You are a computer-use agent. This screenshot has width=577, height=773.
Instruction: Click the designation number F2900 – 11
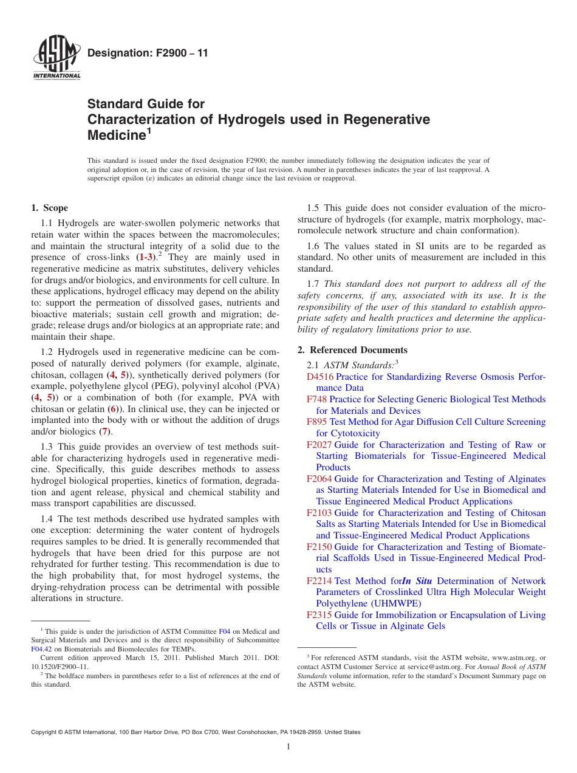click(x=148, y=53)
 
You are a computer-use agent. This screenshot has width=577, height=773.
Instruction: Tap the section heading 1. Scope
click(x=50, y=208)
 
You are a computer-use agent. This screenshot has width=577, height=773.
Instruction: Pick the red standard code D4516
click(x=320, y=377)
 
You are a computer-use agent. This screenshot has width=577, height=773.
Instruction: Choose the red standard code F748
click(x=317, y=399)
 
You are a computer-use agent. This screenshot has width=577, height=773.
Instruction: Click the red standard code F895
click(x=317, y=422)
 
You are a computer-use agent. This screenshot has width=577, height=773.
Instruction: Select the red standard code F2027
click(x=319, y=445)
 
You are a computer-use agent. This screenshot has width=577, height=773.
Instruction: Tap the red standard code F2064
click(x=319, y=479)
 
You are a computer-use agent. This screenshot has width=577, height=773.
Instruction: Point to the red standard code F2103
click(x=319, y=513)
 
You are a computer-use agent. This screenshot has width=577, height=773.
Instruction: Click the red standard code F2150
click(x=319, y=547)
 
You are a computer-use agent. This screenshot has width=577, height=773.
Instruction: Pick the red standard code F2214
click(x=319, y=581)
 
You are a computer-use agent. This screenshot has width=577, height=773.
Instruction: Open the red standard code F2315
click(x=319, y=615)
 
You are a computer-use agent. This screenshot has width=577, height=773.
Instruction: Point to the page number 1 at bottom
click(x=288, y=747)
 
